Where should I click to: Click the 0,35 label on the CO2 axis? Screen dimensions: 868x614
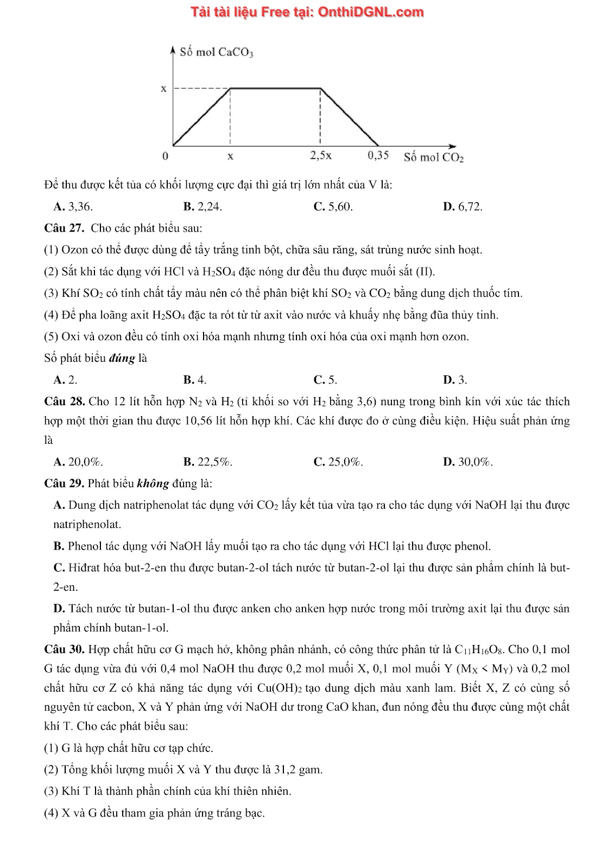(x=378, y=155)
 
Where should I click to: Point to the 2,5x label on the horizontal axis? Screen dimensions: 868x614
(x=321, y=155)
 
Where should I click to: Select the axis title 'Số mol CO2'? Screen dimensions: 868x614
(x=433, y=157)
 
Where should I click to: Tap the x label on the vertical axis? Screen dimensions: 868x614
(x=163, y=88)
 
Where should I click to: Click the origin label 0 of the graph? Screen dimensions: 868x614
(x=165, y=156)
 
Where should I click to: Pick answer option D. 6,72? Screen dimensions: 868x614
(x=463, y=206)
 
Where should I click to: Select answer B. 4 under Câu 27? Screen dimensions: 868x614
(x=195, y=380)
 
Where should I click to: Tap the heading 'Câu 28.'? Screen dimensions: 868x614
(x=64, y=402)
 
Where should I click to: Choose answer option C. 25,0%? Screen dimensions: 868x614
(x=338, y=462)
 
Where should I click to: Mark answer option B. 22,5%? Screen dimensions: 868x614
(x=208, y=462)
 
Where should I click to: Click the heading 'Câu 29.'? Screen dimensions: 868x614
(x=64, y=483)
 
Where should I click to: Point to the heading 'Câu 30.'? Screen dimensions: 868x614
(x=64, y=649)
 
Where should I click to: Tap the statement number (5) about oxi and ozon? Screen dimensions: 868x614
(x=52, y=336)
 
